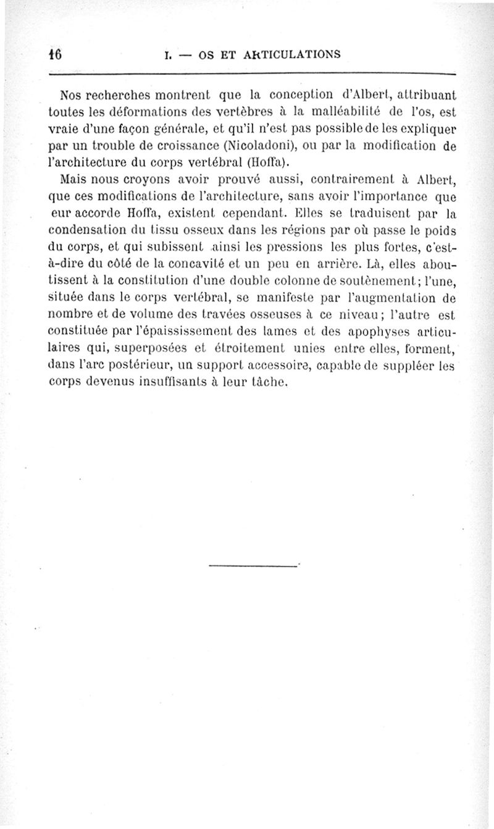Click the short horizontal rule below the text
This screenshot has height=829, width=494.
pos(253,565)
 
